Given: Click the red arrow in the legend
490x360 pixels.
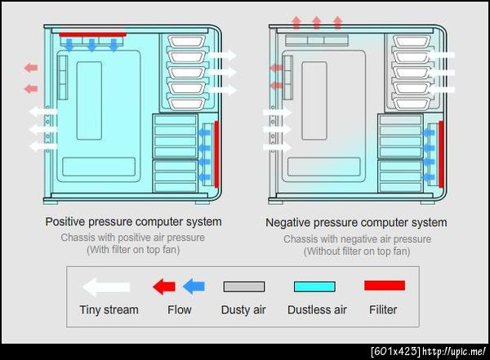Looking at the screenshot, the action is coord(164,287).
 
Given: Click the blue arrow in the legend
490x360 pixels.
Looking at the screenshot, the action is coord(194,287).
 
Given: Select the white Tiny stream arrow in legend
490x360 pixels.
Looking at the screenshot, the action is coord(106,287).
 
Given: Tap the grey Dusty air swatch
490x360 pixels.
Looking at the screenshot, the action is coord(244,287).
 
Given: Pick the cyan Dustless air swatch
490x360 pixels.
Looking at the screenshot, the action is coord(314,287).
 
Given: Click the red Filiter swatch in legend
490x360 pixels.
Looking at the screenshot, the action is coord(385,286).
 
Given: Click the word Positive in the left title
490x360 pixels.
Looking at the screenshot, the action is coord(65,222).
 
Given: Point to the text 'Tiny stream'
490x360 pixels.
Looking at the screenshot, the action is coord(109,309).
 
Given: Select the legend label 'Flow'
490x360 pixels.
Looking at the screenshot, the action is coord(180,309).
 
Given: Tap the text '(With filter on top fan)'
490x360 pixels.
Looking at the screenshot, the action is coord(133,250).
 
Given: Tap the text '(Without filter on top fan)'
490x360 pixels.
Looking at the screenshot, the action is coord(357,251).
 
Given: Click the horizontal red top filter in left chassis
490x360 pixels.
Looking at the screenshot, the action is coord(93,34).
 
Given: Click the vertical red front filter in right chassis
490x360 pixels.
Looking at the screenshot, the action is coord(441,154).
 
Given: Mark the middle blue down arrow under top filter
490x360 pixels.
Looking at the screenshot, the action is coord(91,45).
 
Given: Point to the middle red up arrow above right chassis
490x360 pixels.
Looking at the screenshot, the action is coord(317,23).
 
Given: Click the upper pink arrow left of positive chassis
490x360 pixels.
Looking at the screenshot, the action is coord(31,68).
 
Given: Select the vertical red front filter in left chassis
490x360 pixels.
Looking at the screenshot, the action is coord(216,154).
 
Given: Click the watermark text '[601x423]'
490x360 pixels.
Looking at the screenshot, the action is coord(395,352).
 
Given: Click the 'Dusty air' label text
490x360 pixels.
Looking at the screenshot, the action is coord(243,309).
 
